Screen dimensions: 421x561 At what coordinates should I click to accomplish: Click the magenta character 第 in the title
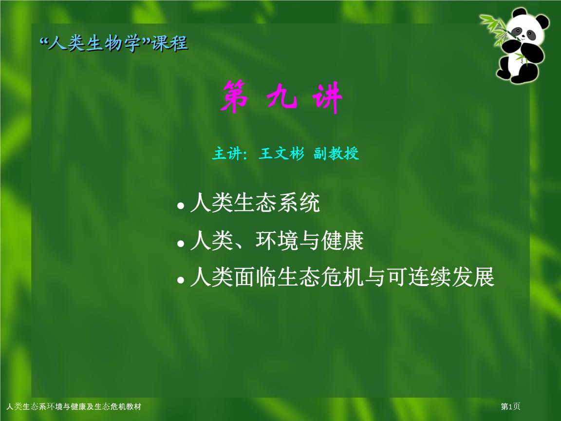[235, 97]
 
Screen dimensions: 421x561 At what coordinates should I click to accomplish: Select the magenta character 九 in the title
[282, 97]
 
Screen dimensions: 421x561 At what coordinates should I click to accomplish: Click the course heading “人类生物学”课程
[113, 44]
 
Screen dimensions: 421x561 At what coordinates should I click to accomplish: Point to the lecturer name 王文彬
[281, 154]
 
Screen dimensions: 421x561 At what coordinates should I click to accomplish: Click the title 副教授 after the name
[336, 154]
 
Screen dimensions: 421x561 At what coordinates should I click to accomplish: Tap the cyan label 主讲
[229, 154]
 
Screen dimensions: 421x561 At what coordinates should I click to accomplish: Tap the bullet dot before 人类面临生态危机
[181, 281]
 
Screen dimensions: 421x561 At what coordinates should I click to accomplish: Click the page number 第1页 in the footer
[511, 407]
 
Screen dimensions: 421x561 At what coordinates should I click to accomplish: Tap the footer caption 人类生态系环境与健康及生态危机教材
[73, 407]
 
